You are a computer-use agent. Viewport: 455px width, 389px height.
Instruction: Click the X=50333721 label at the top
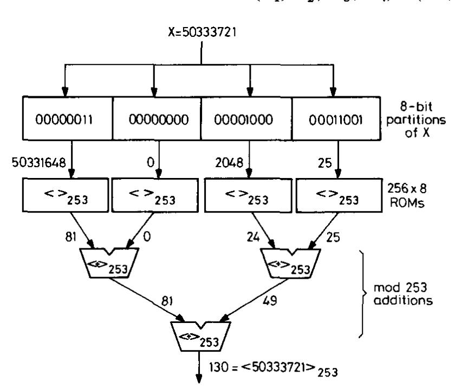(201, 32)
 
